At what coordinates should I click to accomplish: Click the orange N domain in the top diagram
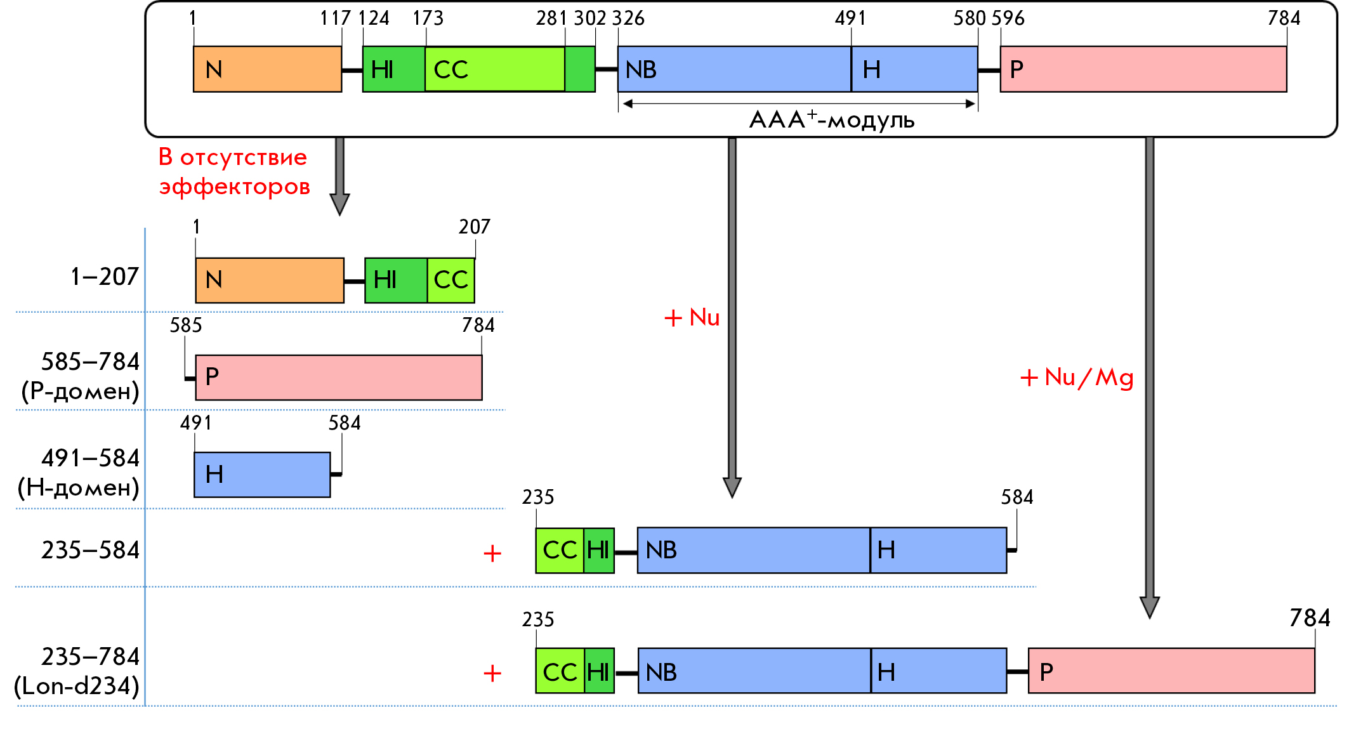click(267, 69)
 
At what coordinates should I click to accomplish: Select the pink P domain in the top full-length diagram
click(1143, 69)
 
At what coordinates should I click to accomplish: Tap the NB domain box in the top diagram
click(734, 69)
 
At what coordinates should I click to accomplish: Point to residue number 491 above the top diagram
click(850, 18)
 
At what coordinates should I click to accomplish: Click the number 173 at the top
click(428, 18)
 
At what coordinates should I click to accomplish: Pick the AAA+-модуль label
click(832, 119)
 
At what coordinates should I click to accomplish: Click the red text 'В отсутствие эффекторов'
click(234, 171)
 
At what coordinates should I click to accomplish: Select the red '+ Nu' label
click(692, 317)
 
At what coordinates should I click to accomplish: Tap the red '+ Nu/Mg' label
click(1077, 378)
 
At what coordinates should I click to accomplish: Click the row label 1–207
click(105, 277)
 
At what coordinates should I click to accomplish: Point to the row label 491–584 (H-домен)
click(79, 473)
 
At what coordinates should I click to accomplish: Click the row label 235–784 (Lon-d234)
click(77, 671)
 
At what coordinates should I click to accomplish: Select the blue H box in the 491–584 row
click(262, 475)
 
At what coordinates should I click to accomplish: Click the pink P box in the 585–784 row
click(339, 378)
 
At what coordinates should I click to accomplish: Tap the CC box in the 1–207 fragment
click(451, 280)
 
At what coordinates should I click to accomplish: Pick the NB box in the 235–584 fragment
click(754, 550)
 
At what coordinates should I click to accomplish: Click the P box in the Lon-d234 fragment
click(1171, 671)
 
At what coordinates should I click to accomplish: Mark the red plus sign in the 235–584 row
click(492, 554)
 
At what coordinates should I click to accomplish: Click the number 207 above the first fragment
click(475, 227)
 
